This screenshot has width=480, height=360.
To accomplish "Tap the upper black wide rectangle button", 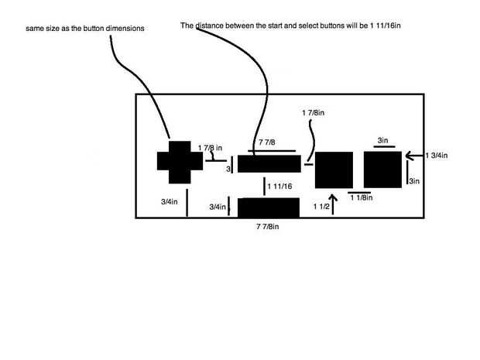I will click(x=269, y=163).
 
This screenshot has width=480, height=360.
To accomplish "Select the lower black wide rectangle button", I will click(x=268, y=207).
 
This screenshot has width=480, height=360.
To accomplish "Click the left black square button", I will click(x=334, y=170).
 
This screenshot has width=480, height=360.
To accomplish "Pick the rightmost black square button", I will click(x=382, y=169).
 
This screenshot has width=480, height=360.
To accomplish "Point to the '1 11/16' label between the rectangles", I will click(x=279, y=187).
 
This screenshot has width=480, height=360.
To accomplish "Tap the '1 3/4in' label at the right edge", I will click(x=437, y=156).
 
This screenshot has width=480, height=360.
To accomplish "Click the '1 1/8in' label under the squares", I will click(x=362, y=198).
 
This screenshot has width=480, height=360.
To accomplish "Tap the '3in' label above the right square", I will click(x=383, y=140).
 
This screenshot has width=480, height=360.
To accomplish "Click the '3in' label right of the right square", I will click(x=414, y=181).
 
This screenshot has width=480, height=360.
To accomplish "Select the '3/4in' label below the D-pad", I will click(x=170, y=202).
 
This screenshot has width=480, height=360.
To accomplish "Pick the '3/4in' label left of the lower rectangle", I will click(x=218, y=207).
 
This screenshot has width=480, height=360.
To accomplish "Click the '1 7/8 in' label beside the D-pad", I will click(x=211, y=147).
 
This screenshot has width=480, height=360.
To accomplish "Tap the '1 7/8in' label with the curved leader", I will click(x=314, y=113).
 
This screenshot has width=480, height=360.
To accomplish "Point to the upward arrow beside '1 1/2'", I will click(x=333, y=206).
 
